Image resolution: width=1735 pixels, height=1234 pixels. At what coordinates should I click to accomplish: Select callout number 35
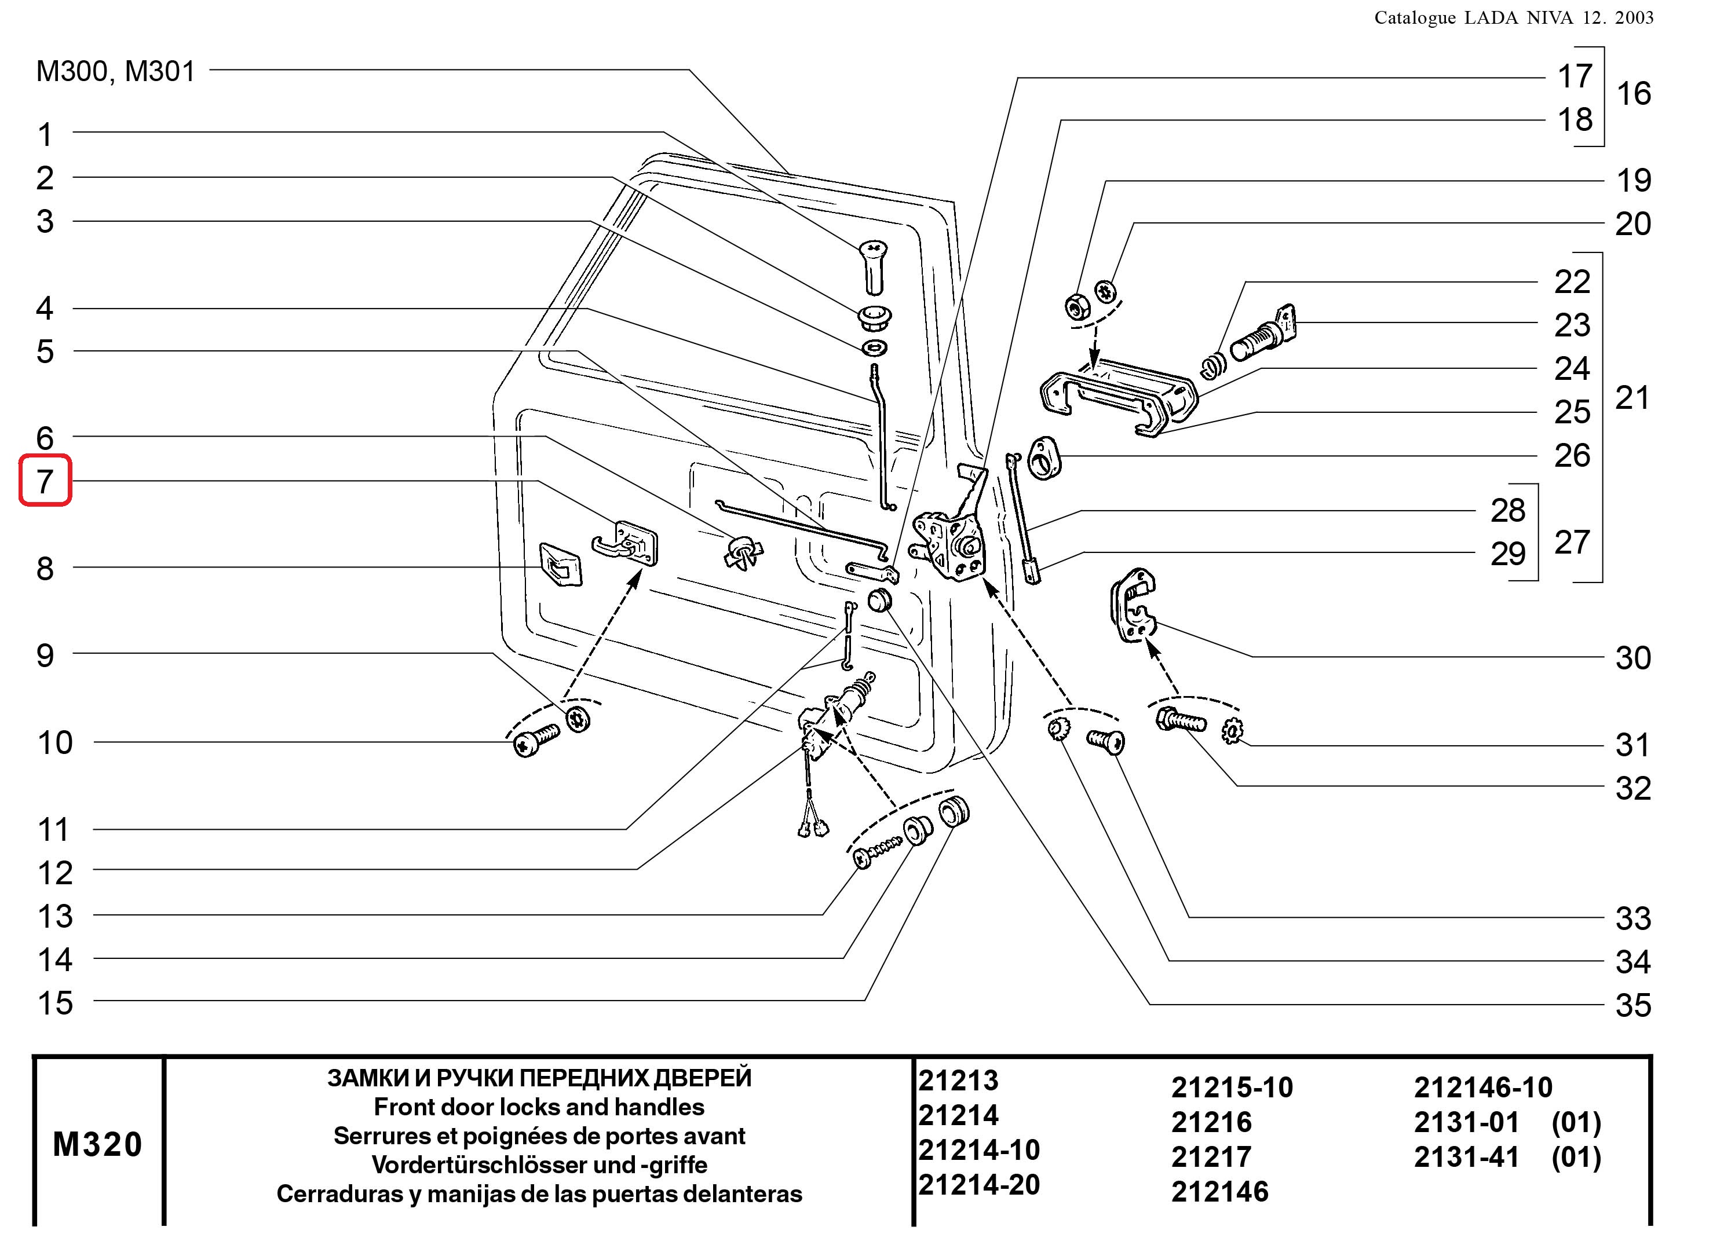(1632, 1005)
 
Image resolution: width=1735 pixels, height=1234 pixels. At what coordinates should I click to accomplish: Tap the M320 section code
(97, 1144)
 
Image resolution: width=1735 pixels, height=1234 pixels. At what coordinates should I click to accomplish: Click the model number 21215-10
(1231, 1087)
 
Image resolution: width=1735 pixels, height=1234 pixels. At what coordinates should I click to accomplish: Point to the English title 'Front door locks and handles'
(539, 1107)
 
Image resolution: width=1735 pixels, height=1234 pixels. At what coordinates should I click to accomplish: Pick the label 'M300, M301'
(115, 71)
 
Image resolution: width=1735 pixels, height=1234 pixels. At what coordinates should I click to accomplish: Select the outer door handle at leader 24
(1117, 395)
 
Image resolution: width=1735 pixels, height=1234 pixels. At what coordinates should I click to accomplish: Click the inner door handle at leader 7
(627, 543)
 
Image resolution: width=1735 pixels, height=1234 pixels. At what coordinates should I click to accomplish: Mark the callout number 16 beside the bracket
(1633, 94)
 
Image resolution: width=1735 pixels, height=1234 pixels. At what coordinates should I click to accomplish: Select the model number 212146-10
(1482, 1087)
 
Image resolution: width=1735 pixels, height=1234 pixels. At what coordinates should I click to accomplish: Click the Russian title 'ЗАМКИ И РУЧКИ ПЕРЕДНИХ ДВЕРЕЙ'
(539, 1078)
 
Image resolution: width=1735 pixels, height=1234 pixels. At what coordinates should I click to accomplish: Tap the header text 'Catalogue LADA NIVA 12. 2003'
(1513, 18)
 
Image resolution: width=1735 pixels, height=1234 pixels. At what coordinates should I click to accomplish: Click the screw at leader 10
(535, 739)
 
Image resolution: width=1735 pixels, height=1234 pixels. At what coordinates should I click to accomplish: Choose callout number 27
(1572, 543)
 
